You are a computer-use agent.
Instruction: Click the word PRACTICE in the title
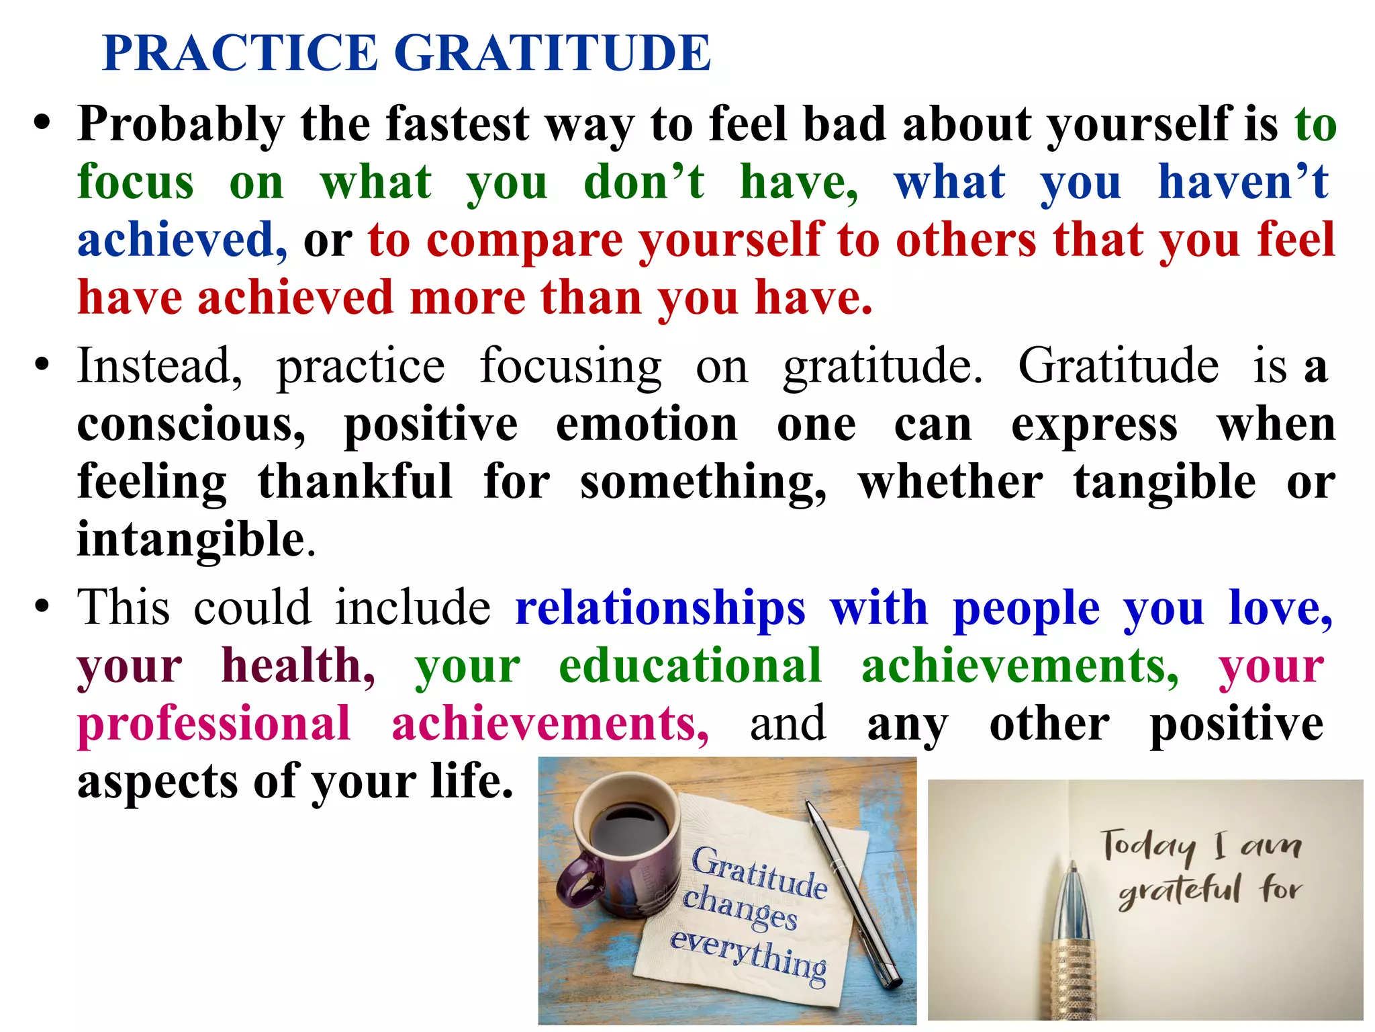pyautogui.click(x=240, y=53)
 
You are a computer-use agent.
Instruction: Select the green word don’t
pyautogui.click(x=644, y=182)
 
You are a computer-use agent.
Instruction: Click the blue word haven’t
pyautogui.click(x=1243, y=182)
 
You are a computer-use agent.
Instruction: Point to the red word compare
pyautogui.click(x=524, y=241)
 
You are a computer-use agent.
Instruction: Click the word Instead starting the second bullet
pyautogui.click(x=159, y=367)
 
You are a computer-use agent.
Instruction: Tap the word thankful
pyautogui.click(x=355, y=482)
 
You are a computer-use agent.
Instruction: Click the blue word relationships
pyautogui.click(x=660, y=608)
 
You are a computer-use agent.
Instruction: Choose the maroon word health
pyautogui.click(x=298, y=666)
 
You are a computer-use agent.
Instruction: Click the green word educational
pyautogui.click(x=690, y=666)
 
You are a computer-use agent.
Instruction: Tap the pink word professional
pyautogui.click(x=214, y=724)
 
